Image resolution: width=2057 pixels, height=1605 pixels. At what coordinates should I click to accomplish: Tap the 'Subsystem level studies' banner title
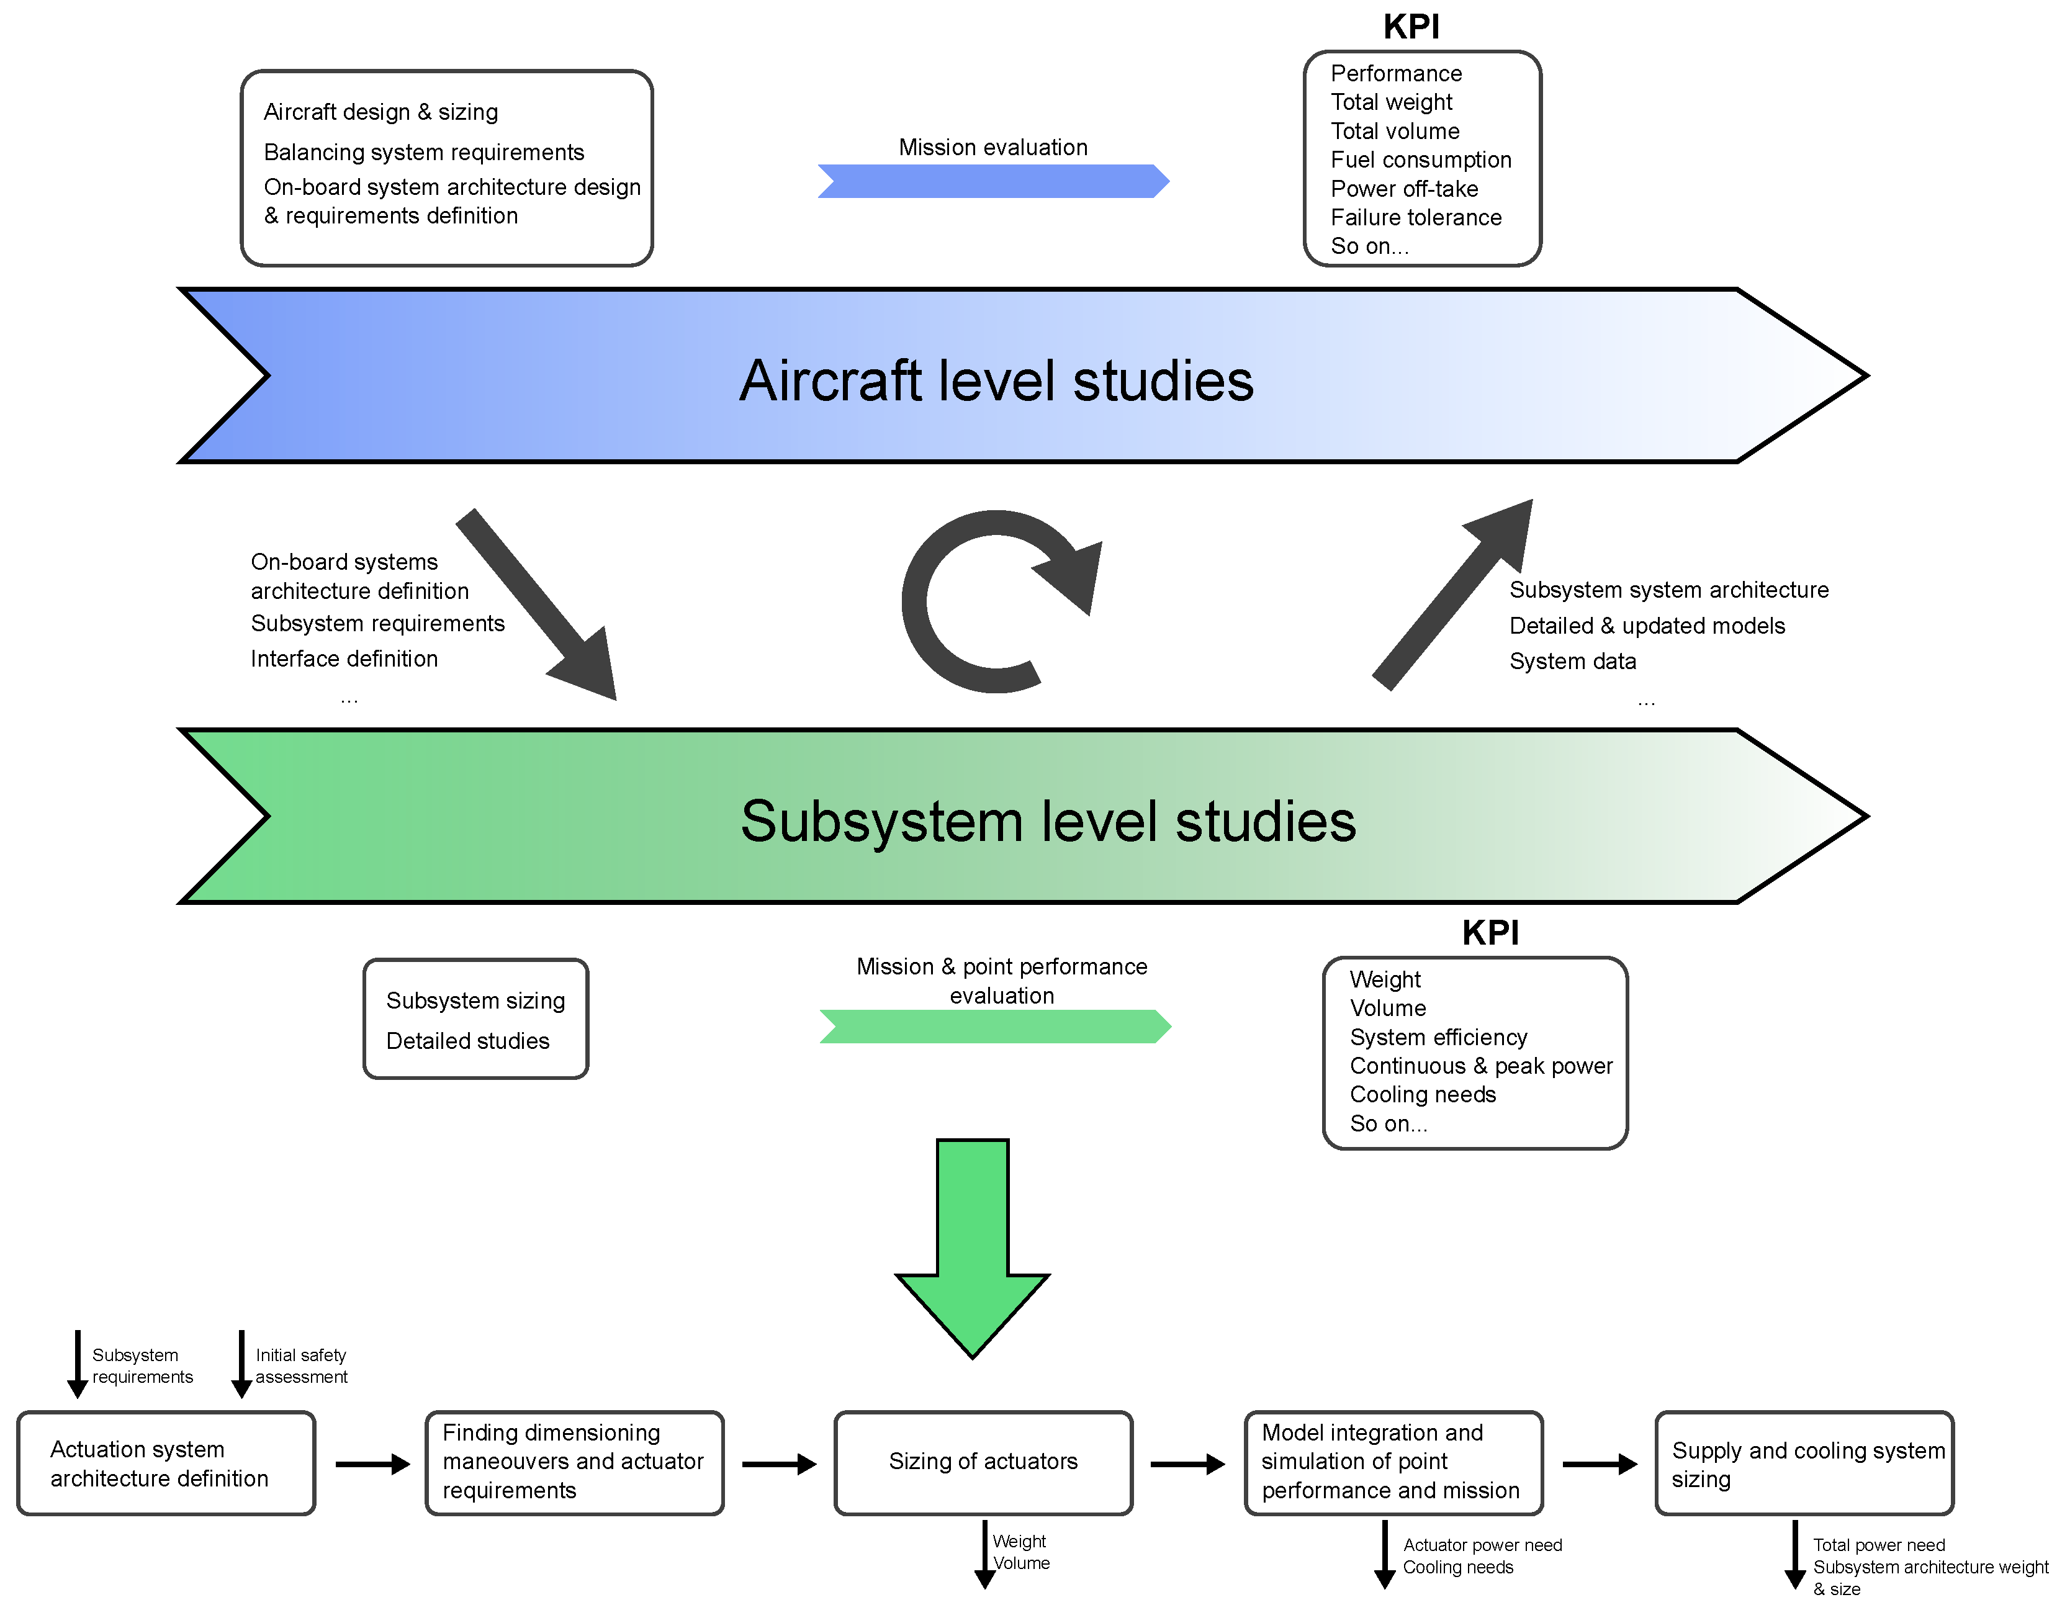1047,820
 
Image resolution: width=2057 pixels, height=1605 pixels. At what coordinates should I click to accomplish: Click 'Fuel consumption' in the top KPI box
1420,160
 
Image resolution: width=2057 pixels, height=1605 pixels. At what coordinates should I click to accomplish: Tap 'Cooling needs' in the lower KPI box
1422,1094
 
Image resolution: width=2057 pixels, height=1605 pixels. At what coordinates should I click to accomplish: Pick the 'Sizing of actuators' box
983,1461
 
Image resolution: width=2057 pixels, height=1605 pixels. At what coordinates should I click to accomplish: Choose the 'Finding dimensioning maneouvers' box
573,1461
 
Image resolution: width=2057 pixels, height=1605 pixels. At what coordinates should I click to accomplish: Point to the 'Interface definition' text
344,659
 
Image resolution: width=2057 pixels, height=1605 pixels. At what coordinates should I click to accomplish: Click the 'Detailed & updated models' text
1646,626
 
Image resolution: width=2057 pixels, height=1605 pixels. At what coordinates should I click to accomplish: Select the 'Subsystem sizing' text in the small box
475,1000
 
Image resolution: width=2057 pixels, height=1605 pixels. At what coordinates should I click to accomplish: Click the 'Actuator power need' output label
1482,1545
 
